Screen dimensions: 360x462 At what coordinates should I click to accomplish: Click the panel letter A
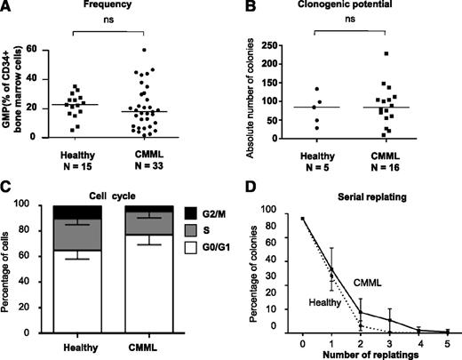tap(8, 8)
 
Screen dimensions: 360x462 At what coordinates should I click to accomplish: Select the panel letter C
tap(8, 188)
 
